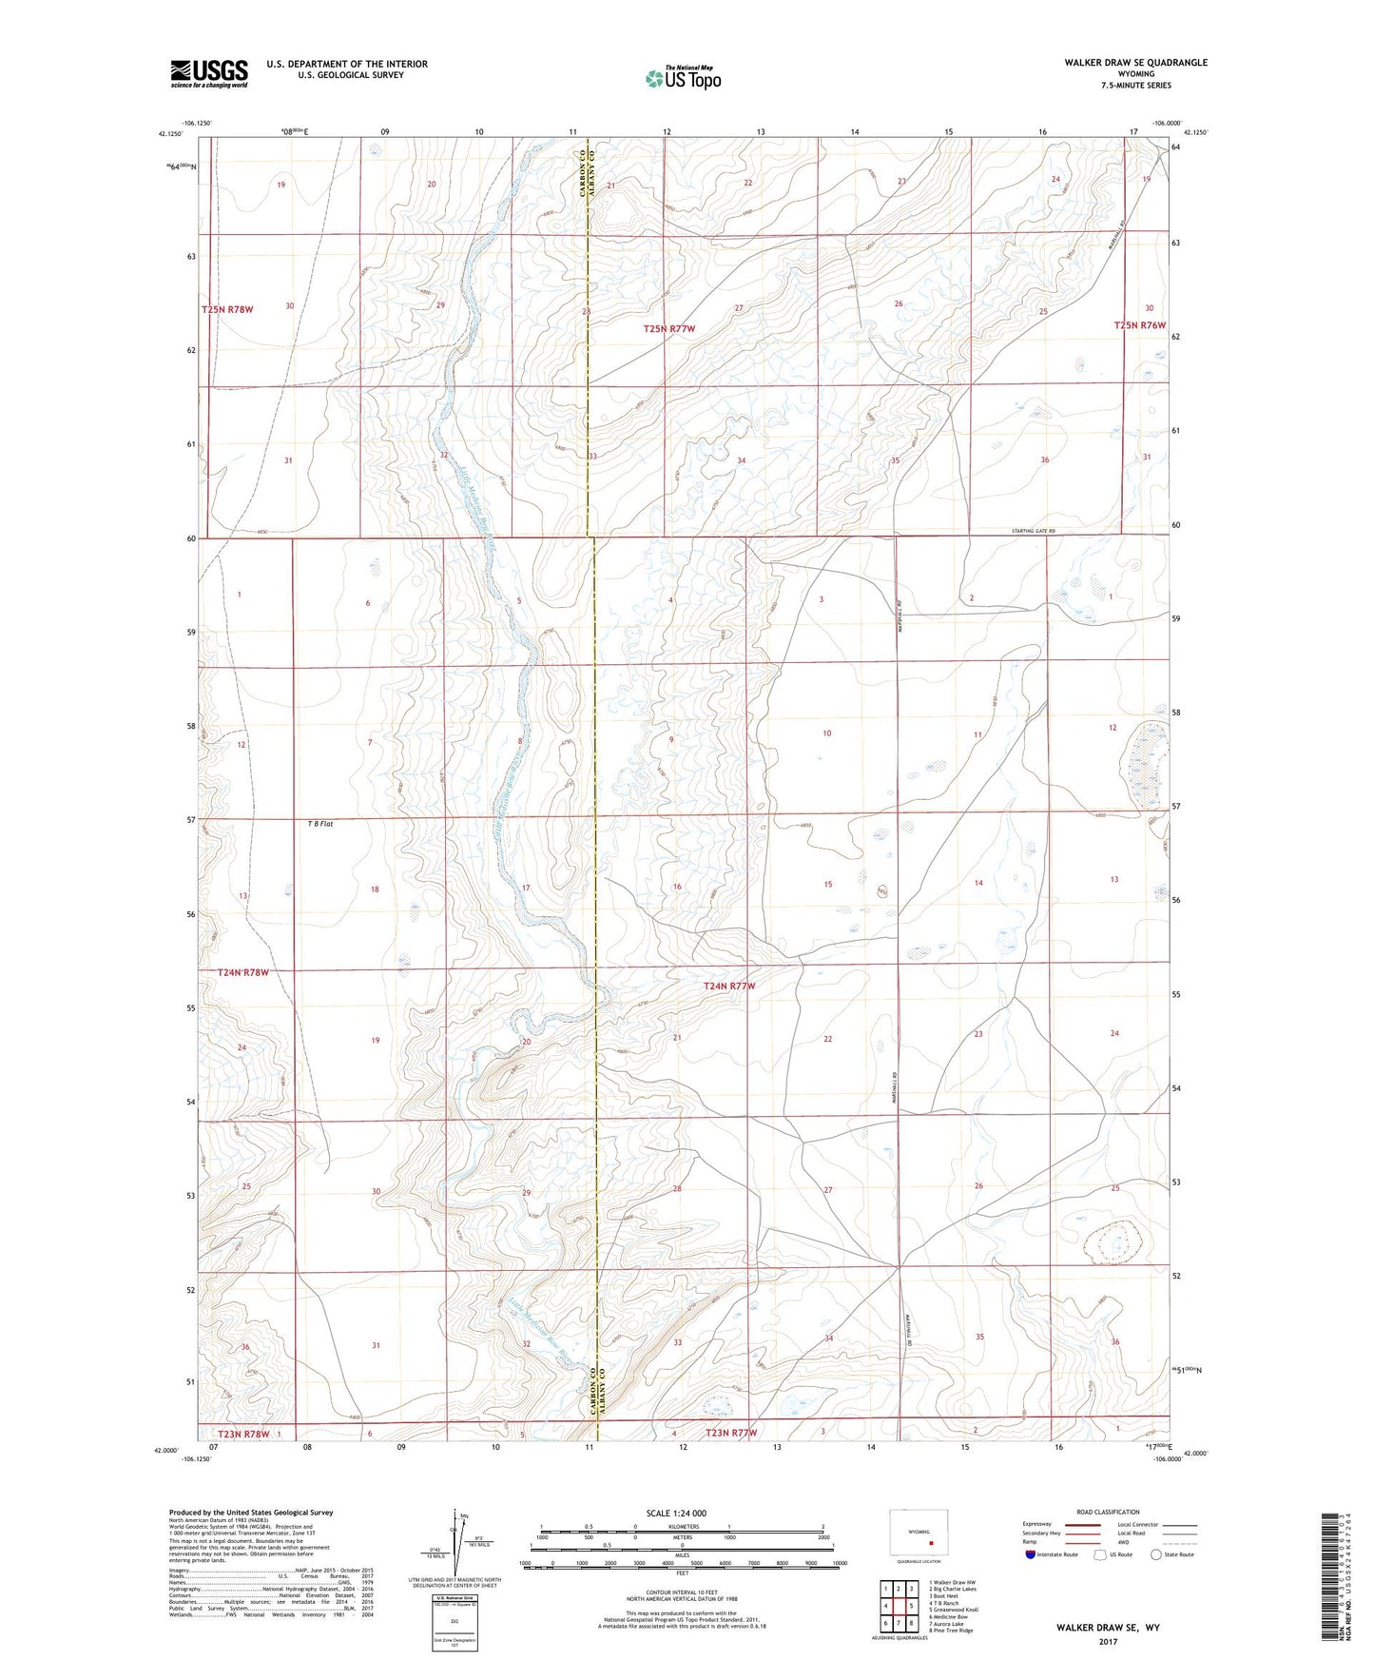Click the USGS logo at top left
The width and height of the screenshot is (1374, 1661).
tap(209, 72)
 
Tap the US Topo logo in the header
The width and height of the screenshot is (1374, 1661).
tap(683, 78)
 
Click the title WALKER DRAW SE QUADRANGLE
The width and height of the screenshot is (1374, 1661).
tap(1135, 63)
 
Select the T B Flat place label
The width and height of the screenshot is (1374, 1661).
tap(310, 824)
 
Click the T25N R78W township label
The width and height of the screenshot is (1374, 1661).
tap(227, 310)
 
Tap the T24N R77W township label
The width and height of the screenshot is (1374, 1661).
tap(729, 987)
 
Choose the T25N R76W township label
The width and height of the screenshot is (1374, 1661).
tap(1139, 325)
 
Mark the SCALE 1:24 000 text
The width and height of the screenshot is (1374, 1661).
tap(676, 1514)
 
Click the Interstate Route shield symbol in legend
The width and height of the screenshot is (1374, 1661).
tap(1032, 1554)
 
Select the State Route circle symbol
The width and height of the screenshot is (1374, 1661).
tap(1156, 1554)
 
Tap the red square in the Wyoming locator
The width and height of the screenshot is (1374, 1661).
tap(932, 1544)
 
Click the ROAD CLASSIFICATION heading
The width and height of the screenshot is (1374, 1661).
tap(1108, 1512)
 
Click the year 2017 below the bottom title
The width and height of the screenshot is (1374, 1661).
tap(1107, 1641)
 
